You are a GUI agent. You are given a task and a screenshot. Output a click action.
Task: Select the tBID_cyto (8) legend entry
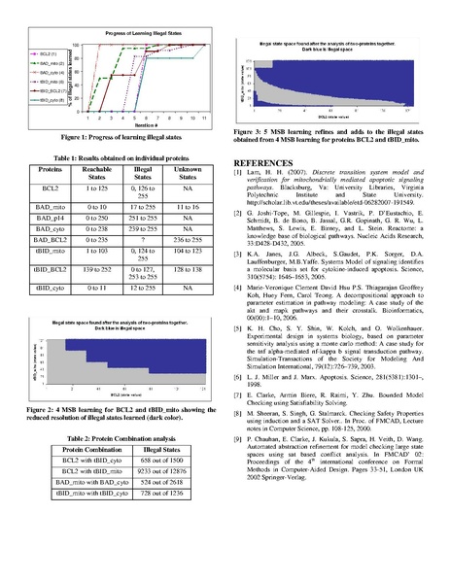[50, 99]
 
